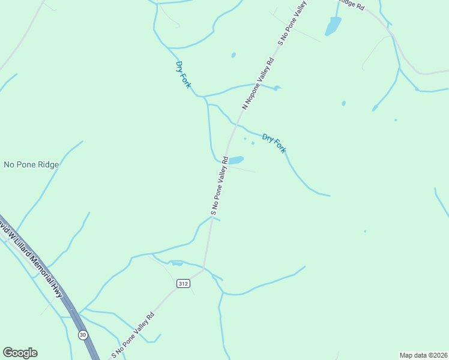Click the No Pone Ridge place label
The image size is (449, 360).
[x=31, y=164]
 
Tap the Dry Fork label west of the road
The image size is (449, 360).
[x=183, y=74]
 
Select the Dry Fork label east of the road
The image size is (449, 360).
[x=274, y=143]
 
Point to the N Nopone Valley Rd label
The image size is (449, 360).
[x=258, y=83]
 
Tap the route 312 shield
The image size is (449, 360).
[x=183, y=283]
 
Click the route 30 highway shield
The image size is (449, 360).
[x=82, y=334]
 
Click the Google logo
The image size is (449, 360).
[x=20, y=353]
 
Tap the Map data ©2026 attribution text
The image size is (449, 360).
[x=423, y=355]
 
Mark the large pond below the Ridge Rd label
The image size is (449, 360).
[x=333, y=25]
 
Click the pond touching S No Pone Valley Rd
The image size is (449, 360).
[x=236, y=160]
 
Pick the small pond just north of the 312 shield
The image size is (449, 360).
[x=176, y=263]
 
